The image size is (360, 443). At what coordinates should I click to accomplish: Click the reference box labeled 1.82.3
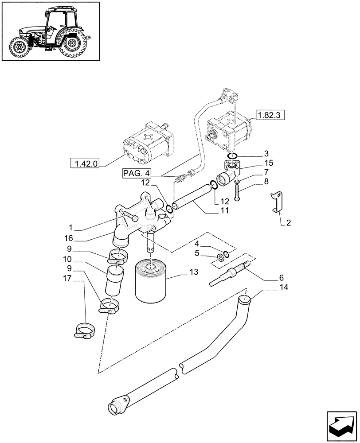tap(270, 116)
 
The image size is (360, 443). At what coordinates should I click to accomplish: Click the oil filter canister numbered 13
tap(151, 283)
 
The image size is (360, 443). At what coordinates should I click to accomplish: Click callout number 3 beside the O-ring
tap(265, 154)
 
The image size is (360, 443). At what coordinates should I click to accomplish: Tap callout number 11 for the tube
tap(225, 210)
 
